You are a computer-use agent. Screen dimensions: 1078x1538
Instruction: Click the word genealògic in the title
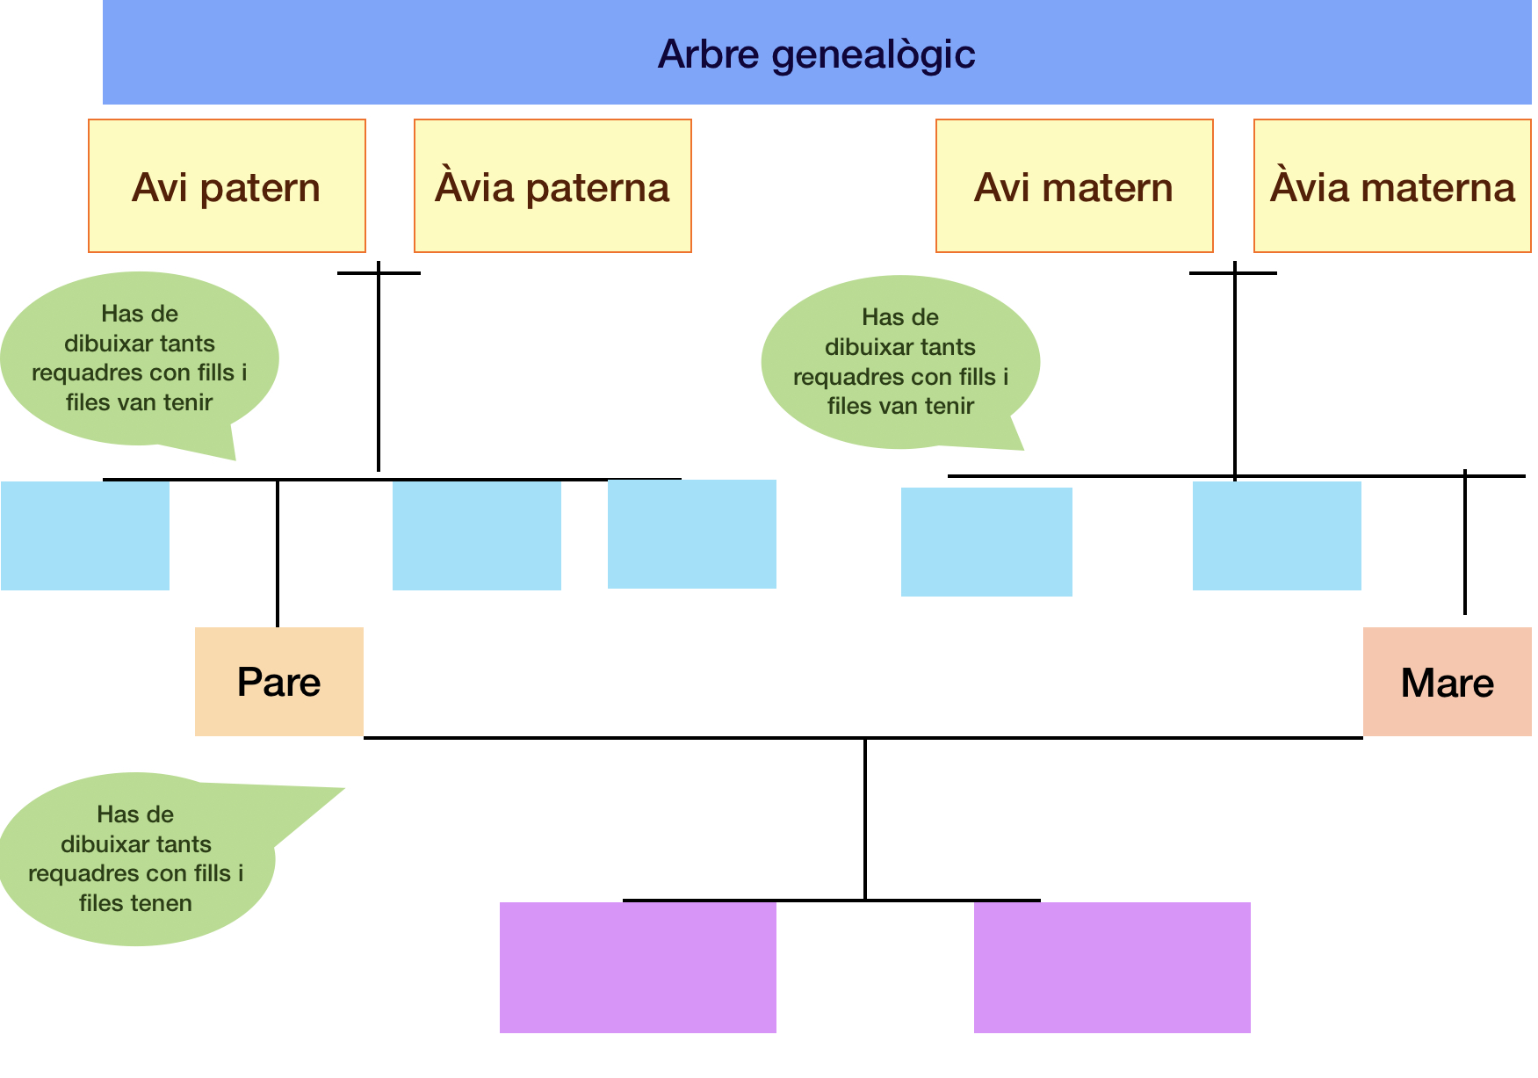(x=873, y=54)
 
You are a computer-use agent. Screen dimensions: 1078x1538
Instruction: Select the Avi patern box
(x=227, y=186)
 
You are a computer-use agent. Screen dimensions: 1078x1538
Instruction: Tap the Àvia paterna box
(x=552, y=186)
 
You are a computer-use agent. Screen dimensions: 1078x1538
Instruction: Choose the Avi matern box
(x=1073, y=186)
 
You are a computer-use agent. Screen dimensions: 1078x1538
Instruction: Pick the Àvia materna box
(x=1391, y=186)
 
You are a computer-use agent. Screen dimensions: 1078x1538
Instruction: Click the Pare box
(x=278, y=682)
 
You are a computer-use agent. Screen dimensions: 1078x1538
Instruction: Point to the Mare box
(x=1447, y=682)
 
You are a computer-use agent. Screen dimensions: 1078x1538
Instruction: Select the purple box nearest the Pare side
(x=638, y=967)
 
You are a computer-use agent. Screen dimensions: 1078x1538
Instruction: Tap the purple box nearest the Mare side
(x=1112, y=967)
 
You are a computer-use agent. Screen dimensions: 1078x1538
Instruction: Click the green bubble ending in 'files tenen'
(x=136, y=859)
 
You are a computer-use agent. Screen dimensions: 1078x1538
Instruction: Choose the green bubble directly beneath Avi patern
(x=139, y=358)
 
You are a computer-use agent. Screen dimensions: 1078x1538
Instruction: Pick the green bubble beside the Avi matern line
(x=900, y=362)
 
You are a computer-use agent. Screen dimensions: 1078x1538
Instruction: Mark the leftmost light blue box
(x=84, y=535)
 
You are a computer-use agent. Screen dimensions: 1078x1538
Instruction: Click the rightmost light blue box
(x=1276, y=535)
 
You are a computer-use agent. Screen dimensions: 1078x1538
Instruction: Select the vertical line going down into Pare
(x=278, y=553)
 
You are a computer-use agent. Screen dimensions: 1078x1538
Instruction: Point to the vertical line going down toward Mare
(x=1465, y=545)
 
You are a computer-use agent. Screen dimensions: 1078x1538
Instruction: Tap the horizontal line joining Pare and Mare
(x=615, y=738)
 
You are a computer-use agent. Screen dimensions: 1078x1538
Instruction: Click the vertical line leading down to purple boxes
(x=865, y=817)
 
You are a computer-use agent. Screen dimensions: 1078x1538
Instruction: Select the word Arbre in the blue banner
(x=708, y=54)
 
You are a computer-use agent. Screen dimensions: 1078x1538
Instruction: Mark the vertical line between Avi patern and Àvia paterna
(x=379, y=369)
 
